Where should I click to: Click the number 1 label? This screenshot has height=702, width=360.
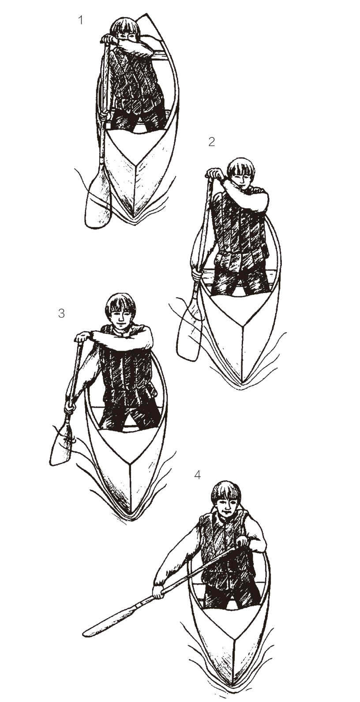81,20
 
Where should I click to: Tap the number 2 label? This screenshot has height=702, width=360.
212,142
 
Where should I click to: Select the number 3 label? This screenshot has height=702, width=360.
61,313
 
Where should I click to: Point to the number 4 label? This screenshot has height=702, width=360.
197,475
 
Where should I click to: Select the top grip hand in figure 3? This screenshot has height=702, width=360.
82,337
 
